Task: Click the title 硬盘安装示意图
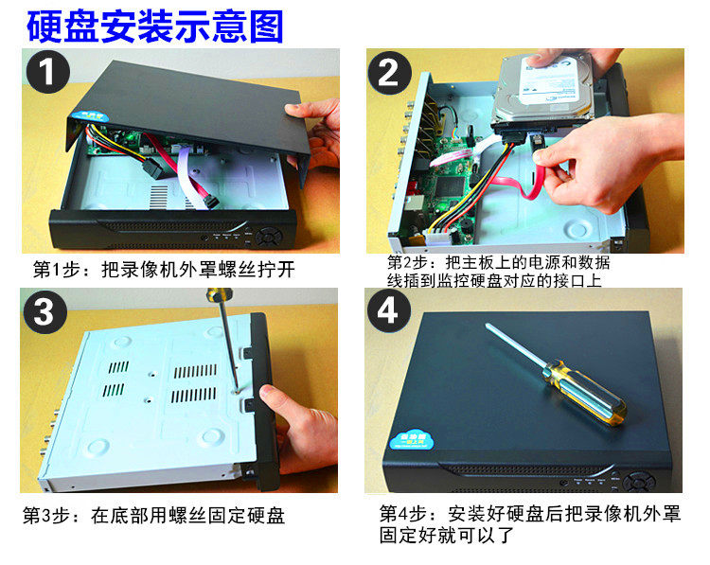click(x=155, y=26)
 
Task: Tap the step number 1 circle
click(x=48, y=72)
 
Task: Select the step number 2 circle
click(x=389, y=73)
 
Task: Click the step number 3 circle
click(x=44, y=312)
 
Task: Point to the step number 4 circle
click(x=388, y=311)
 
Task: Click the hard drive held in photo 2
click(x=543, y=91)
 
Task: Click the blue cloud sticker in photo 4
click(x=411, y=440)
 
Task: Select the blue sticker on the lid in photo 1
click(x=93, y=115)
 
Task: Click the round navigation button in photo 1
click(x=269, y=237)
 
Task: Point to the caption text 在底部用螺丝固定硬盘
click(x=187, y=516)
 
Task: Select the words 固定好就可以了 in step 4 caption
click(x=447, y=535)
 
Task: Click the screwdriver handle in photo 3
click(x=220, y=295)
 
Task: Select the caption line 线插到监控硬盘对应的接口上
click(x=494, y=281)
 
